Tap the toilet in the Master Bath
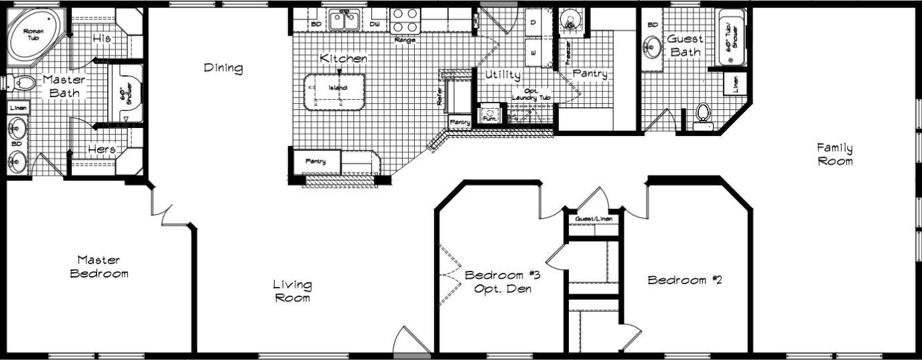23,84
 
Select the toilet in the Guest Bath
703,115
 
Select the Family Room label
834,154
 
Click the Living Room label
291,291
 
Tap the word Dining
223,68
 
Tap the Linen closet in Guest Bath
735,84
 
